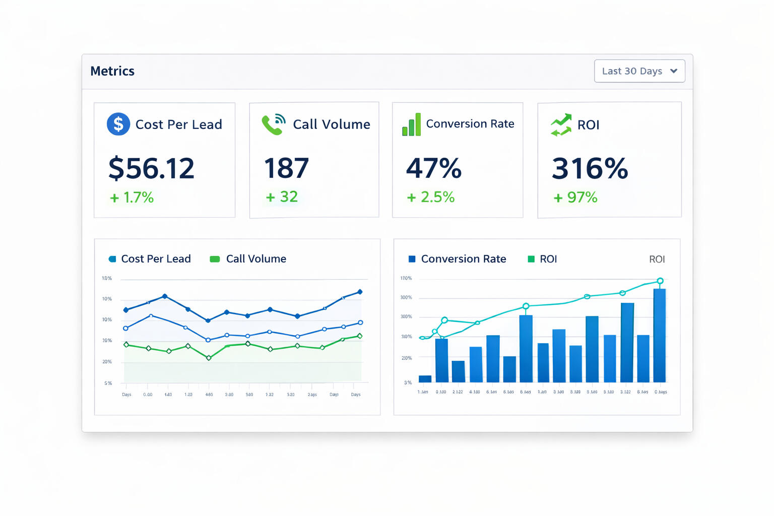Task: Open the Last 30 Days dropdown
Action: point(639,71)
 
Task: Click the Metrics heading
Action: point(112,71)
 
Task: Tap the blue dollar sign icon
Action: point(118,124)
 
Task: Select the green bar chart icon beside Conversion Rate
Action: point(411,124)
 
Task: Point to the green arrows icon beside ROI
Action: point(561,125)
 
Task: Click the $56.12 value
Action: point(151,168)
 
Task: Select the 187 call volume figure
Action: point(286,168)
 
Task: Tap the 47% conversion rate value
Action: point(433,168)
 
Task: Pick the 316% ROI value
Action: point(590,168)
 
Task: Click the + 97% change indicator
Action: point(575,198)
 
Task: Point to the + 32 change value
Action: point(282,197)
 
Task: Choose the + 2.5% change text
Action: point(431,197)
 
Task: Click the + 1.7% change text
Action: point(132,198)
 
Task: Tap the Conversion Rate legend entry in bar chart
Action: point(457,259)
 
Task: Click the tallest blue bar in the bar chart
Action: point(659,335)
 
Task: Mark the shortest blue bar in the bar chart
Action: point(425,379)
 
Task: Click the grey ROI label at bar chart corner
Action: point(657,259)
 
